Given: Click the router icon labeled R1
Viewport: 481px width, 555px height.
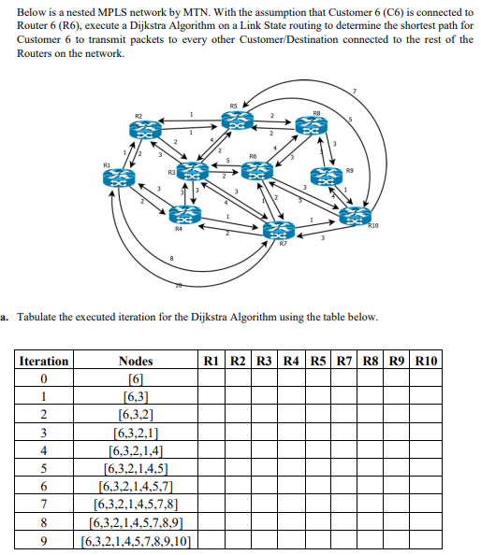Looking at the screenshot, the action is (x=123, y=178).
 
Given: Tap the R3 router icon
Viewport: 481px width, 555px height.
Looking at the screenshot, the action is (x=193, y=171).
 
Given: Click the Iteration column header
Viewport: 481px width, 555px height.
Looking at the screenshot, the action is (x=44, y=361).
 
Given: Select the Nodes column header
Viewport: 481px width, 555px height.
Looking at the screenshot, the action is (x=137, y=361).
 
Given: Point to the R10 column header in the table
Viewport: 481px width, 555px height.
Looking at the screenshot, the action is (x=430, y=361).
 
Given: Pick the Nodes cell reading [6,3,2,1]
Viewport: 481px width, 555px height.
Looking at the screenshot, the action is (x=137, y=433).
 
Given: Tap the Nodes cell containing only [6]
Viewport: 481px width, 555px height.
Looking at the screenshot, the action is (x=137, y=379).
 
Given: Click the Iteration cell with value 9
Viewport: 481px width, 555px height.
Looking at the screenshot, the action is (x=44, y=540).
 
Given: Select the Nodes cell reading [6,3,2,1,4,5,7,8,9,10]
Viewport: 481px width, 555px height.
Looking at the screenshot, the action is (x=137, y=540).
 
